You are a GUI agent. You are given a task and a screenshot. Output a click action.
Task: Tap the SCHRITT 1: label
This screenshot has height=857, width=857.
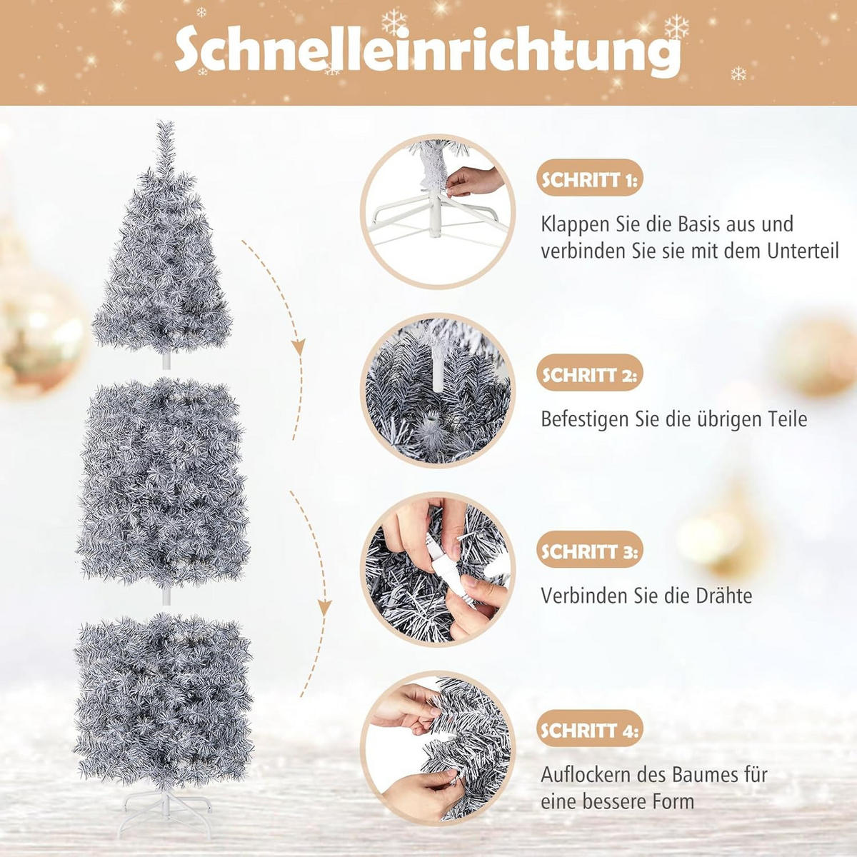pyautogui.click(x=590, y=180)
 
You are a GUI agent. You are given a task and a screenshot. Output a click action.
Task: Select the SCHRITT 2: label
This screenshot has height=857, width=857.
pyautogui.click(x=590, y=375)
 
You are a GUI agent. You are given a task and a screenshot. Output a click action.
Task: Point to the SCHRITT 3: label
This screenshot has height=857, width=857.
pyautogui.click(x=590, y=552)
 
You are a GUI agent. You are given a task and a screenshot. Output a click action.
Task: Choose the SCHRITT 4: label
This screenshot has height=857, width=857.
pyautogui.click(x=590, y=731)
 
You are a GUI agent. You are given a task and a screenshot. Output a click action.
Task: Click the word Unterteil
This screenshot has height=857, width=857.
pyautogui.click(x=803, y=251)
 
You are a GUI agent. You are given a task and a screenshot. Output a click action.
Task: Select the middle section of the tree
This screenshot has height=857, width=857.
pyautogui.click(x=163, y=483)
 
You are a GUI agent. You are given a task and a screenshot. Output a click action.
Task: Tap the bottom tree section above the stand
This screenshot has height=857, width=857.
pyautogui.click(x=163, y=698)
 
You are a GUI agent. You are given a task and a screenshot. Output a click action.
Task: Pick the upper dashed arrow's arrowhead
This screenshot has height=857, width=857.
pyautogui.click(x=299, y=346)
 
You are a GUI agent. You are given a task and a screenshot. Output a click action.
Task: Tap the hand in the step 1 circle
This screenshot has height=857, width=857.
pyautogui.click(x=474, y=181)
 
